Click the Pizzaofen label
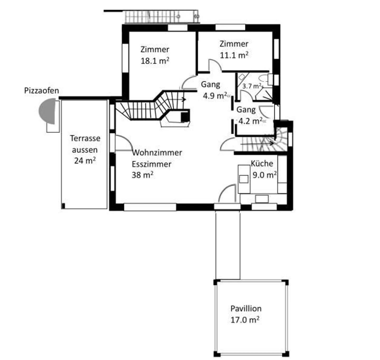click(41, 91)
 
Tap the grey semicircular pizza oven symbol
click(47, 111)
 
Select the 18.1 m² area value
click(155, 61)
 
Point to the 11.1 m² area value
click(234, 55)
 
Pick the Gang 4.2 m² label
click(250, 115)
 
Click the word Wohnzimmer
click(157, 153)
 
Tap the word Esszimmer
click(151, 164)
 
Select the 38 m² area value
click(143, 175)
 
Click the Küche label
click(262, 164)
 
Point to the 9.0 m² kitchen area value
click(265, 175)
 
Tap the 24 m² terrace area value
click(85, 160)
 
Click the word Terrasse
click(85, 139)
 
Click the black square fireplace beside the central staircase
click(185, 117)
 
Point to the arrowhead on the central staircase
click(184, 100)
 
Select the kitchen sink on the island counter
click(244, 179)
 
